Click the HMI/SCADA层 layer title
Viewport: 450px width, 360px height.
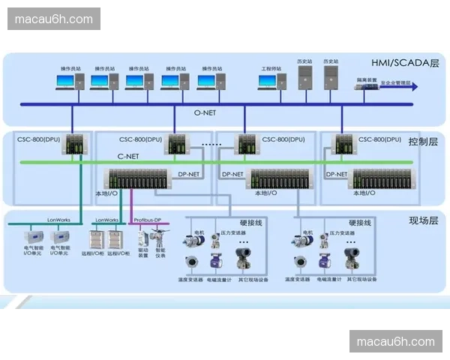[404, 63]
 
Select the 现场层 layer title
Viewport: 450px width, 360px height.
[424, 220]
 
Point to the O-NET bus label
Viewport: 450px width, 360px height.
[205, 113]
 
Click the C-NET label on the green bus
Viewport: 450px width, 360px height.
[128, 156]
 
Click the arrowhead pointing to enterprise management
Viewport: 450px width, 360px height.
[413, 87]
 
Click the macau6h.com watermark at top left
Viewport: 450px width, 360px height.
[54, 19]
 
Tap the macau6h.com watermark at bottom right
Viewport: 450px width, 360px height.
[396, 342]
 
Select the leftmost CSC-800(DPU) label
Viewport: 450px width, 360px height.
[40, 139]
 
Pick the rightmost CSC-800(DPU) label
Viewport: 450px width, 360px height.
[382, 139]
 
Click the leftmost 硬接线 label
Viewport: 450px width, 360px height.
[250, 222]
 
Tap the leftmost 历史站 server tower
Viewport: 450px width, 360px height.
[304, 76]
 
